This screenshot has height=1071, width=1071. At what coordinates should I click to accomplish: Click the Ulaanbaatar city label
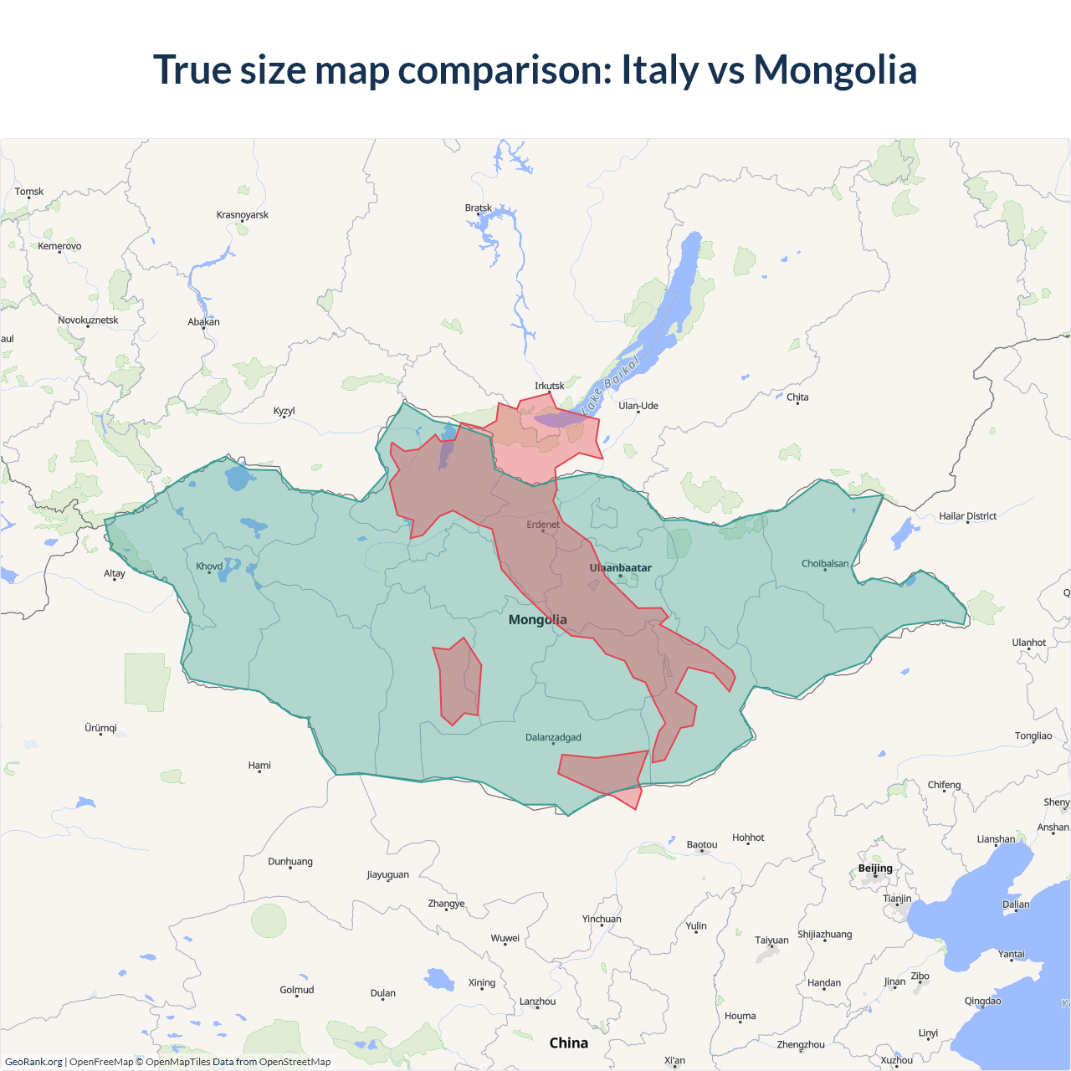[620, 568]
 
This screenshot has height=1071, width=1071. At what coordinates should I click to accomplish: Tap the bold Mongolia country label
[537, 620]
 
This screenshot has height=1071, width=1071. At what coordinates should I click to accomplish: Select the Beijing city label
[875, 869]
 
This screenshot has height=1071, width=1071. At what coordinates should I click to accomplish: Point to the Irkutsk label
[549, 386]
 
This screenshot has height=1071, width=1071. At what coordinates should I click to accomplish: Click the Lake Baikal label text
[612, 383]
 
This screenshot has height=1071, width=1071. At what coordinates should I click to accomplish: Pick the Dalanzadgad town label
[553, 738]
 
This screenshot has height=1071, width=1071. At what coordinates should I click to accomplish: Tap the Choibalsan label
[825, 564]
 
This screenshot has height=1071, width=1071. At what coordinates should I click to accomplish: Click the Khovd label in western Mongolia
[209, 566]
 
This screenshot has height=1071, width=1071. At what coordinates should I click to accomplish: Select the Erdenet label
[543, 525]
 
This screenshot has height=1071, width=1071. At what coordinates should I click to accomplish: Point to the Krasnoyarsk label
[243, 215]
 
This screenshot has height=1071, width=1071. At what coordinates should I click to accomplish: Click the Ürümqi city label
[100, 728]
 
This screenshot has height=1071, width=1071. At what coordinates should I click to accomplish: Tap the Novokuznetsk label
[88, 320]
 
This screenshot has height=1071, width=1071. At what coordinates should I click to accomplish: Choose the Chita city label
[797, 397]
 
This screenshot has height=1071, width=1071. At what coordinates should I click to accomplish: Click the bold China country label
[568, 1043]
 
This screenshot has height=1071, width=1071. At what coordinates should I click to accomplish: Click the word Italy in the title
[659, 69]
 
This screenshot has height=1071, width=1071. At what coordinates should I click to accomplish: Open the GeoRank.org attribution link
[33, 1062]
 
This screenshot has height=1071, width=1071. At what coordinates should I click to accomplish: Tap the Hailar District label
[967, 516]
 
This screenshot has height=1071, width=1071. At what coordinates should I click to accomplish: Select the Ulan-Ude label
[638, 406]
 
